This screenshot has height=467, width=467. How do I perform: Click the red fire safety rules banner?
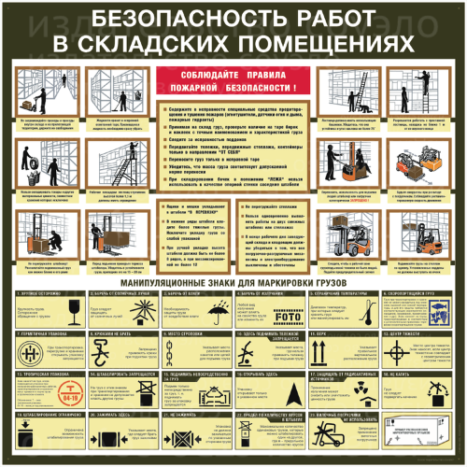pyautogui.click(x=233, y=80)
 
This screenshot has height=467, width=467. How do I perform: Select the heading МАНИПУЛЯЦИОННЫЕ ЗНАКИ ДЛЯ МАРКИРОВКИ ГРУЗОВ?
pyautogui.click(x=233, y=279)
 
